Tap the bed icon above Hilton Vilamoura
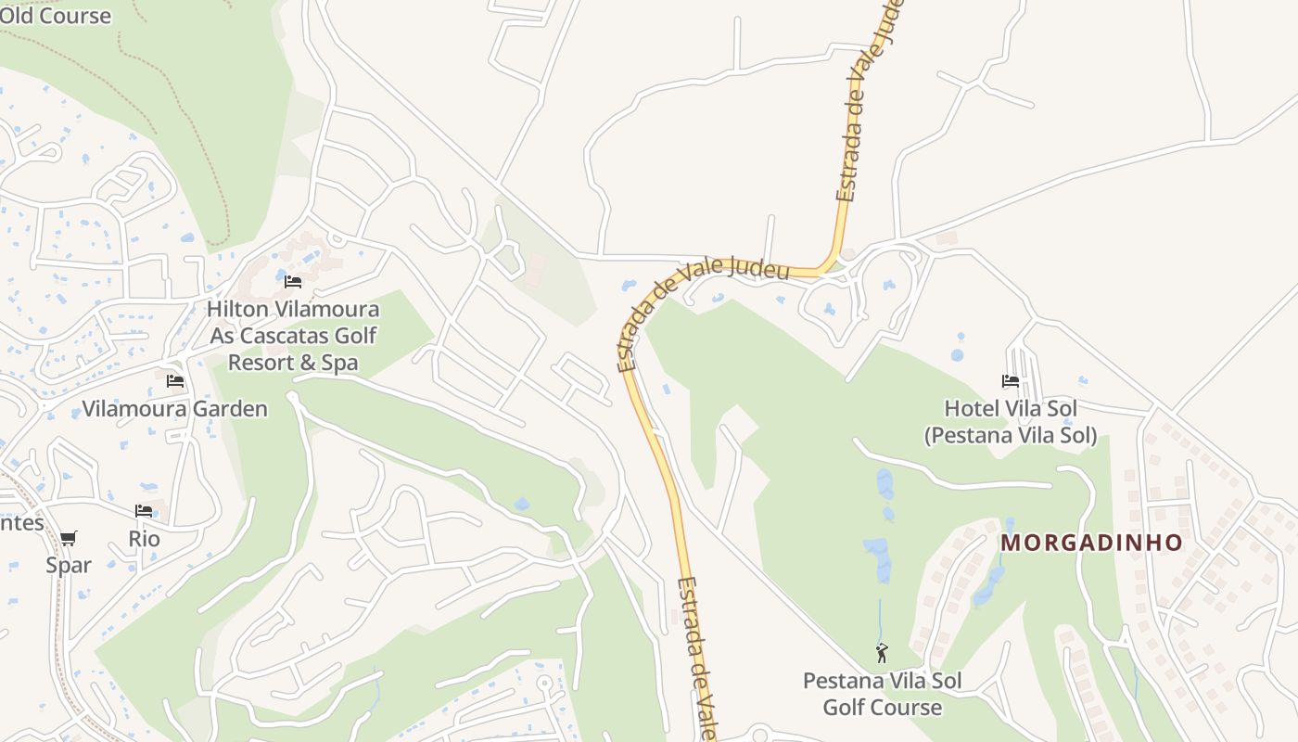click(293, 281)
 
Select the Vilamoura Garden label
click(174, 409)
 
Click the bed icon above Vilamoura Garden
click(174, 381)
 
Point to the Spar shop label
click(69, 565)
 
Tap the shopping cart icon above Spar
click(69, 538)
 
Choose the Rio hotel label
click(144, 539)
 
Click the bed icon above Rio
click(144, 511)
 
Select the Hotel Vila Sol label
click(1011, 409)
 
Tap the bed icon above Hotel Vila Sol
click(1011, 381)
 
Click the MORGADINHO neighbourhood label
click(1092, 543)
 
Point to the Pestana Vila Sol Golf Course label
click(882, 694)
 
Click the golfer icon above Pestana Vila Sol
click(882, 653)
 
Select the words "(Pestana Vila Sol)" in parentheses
click(1011, 435)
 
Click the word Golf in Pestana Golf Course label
click(844, 707)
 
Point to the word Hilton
click(236, 309)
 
